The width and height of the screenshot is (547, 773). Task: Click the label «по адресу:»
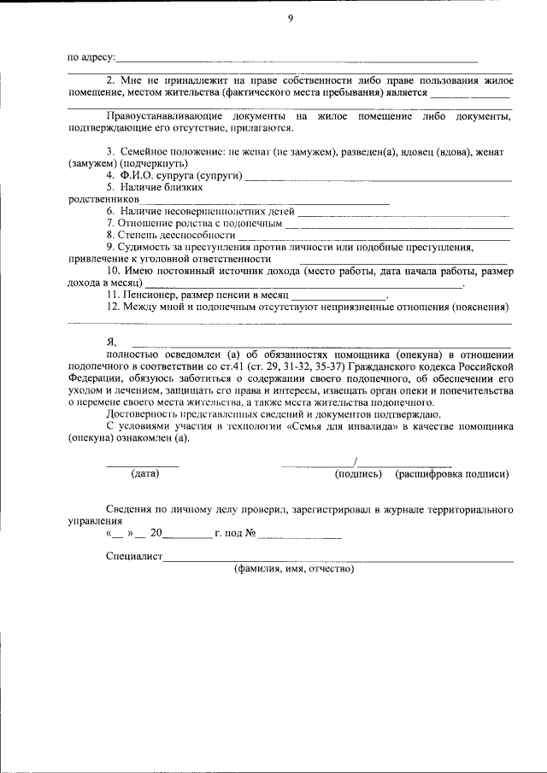[x=91, y=57]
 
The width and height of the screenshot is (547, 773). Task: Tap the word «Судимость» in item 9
[x=148, y=246]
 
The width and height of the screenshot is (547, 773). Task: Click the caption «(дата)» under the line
[x=145, y=473]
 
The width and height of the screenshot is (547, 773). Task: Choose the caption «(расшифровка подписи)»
[x=452, y=473]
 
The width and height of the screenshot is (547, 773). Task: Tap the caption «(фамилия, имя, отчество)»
[x=294, y=568]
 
